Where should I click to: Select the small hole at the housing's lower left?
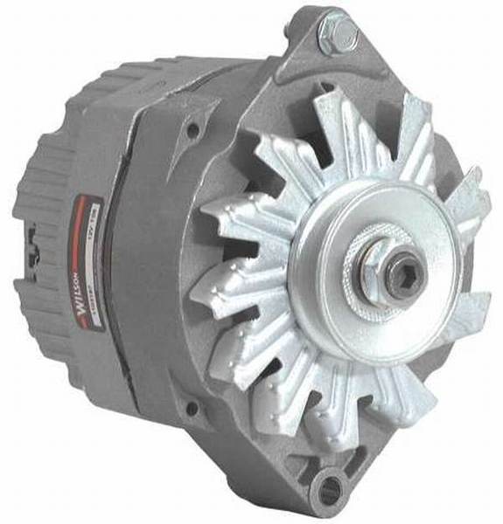pos(192,409)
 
